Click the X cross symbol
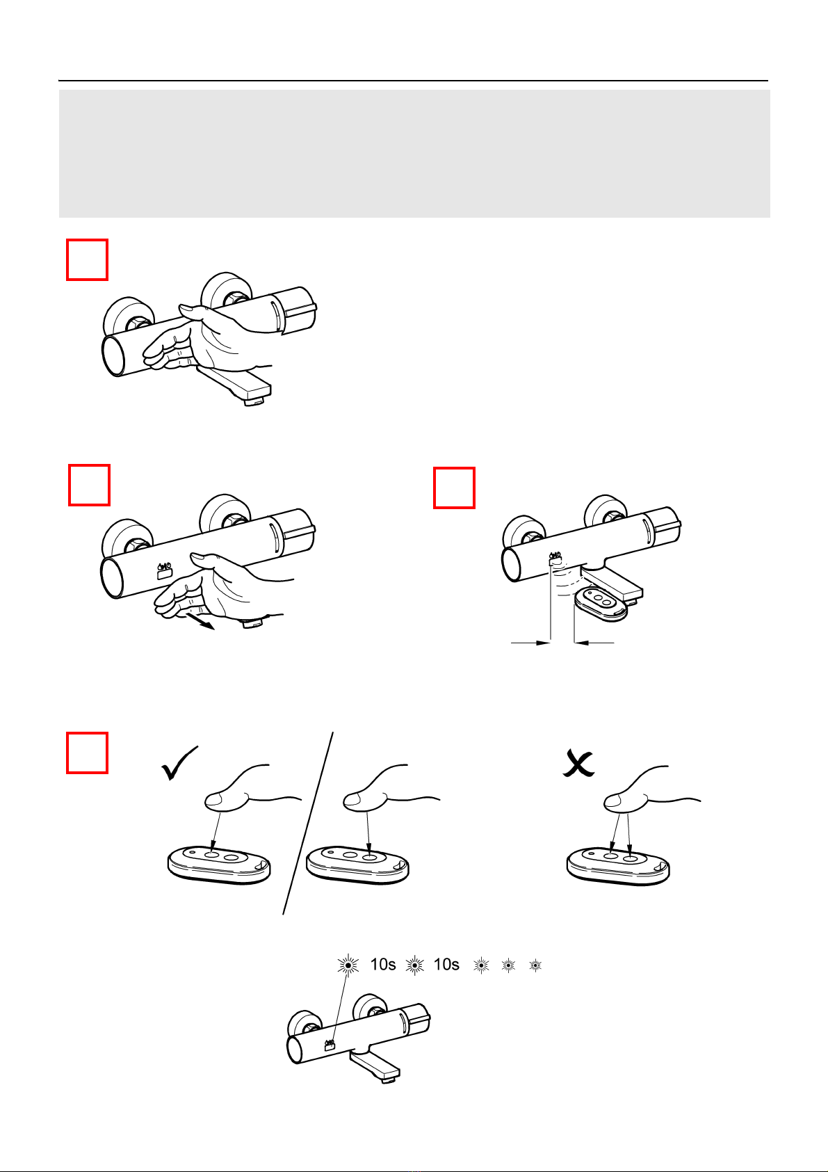click(x=578, y=764)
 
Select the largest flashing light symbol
click(x=348, y=965)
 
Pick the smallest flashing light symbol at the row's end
click(x=535, y=965)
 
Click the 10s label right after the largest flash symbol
click(x=383, y=964)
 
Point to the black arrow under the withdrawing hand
click(x=201, y=622)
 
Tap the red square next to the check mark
click(x=88, y=753)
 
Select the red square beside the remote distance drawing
click(x=454, y=488)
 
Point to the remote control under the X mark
click(x=618, y=866)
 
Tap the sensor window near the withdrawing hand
click(x=164, y=573)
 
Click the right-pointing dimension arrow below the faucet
click(x=530, y=643)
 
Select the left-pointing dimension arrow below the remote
click(x=594, y=643)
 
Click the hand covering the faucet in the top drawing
click(x=209, y=335)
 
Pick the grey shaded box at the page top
click(x=414, y=153)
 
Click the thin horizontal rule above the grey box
click(x=413, y=81)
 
